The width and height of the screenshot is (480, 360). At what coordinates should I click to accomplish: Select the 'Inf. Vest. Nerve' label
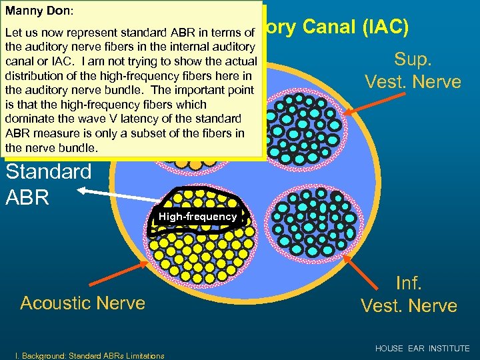pos(409,294)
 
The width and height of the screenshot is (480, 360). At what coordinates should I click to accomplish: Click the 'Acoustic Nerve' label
pos(83,303)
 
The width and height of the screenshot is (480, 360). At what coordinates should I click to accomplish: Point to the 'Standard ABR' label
pos(48,183)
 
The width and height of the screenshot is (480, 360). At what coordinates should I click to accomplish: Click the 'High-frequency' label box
pos(197,216)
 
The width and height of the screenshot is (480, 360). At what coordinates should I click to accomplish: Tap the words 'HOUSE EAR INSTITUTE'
pos(422,349)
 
